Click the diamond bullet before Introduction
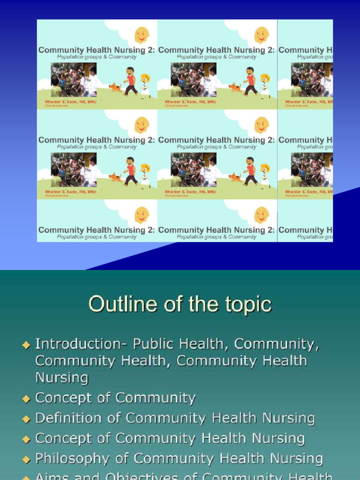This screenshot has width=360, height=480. tap(26, 345)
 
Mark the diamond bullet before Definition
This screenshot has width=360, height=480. tap(26, 418)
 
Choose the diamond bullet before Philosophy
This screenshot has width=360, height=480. tap(26, 459)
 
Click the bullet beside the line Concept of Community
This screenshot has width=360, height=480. tap(26, 398)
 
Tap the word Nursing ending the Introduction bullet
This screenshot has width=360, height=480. tap(61, 377)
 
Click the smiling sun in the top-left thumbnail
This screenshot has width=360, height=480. tap(142, 35)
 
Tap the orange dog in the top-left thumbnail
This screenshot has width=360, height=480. tap(115, 87)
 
